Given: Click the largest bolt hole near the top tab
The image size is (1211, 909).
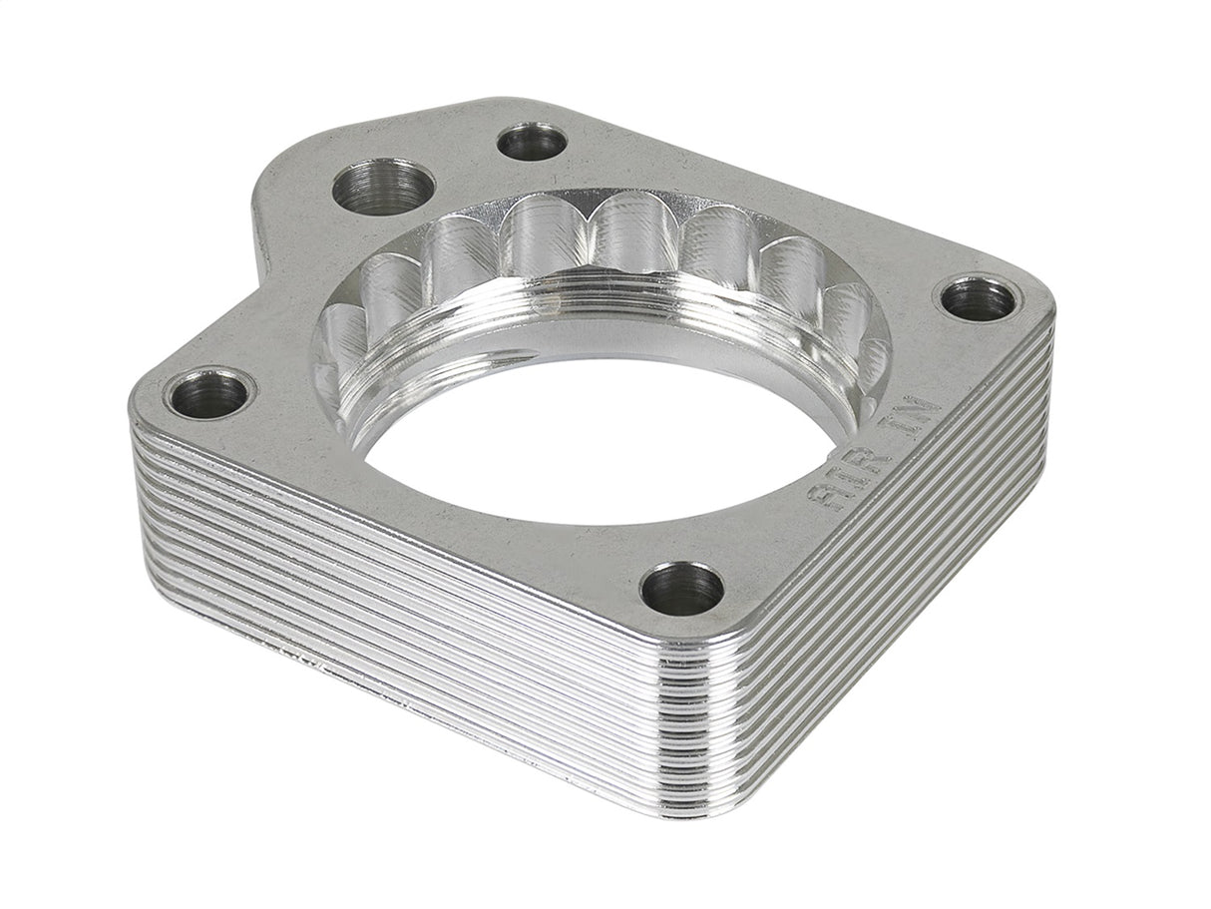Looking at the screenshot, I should point(383,188).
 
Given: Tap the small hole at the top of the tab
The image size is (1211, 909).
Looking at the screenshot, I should point(532,142).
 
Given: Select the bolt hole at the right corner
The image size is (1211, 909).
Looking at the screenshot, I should point(978,298).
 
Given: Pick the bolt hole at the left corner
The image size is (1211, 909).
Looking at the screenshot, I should point(208,394).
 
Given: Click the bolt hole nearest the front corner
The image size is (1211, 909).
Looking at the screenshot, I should point(682,589).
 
